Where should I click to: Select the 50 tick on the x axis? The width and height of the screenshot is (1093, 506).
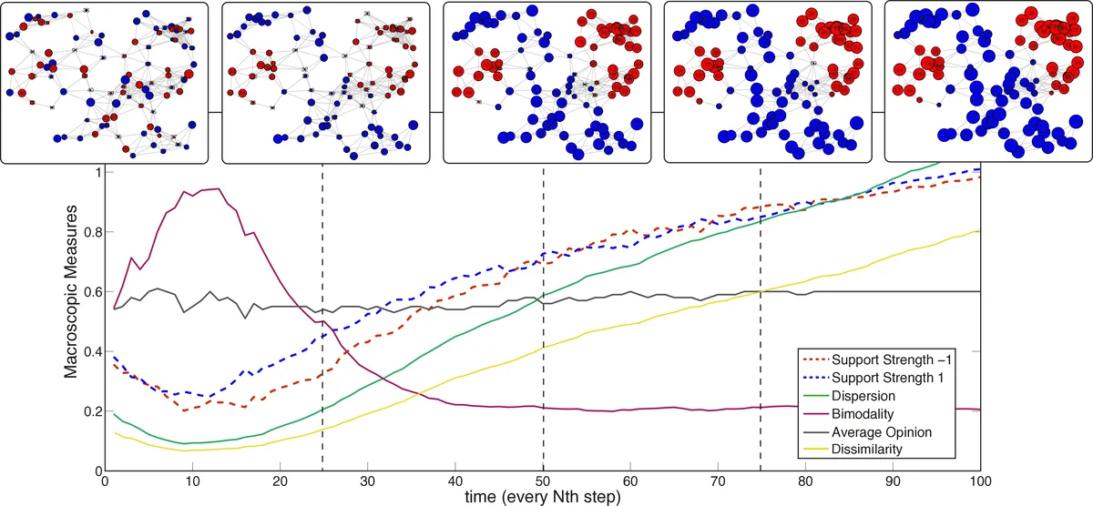click(x=543, y=482)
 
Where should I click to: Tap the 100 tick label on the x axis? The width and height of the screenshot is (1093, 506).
click(x=979, y=482)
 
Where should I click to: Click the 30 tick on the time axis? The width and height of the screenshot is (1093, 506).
click(x=368, y=482)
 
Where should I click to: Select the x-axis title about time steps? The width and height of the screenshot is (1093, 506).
click(x=543, y=498)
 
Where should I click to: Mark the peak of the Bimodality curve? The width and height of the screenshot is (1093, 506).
click(x=216, y=188)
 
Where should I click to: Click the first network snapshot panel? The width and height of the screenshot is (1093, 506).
click(x=105, y=82)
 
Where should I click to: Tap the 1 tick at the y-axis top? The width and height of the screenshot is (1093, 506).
click(x=98, y=172)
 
